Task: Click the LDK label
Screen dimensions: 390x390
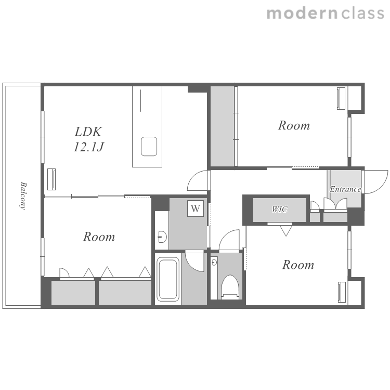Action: [88, 132]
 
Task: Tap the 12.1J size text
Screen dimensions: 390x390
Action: [89, 147]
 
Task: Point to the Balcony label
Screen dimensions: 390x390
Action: [23, 196]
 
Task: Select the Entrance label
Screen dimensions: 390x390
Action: [345, 189]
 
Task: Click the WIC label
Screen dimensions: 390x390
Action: [280, 210]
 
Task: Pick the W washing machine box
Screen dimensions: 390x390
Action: [196, 209]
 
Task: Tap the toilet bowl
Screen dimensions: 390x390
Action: [230, 287]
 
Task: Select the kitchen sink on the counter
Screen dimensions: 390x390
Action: [149, 147]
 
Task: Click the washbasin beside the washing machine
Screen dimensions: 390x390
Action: [162, 237]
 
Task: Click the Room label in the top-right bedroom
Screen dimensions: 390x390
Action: [294, 125]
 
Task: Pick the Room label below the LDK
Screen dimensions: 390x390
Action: [99, 237]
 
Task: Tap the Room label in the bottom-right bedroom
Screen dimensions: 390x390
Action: [298, 265]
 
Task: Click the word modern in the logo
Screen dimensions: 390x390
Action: [302, 14]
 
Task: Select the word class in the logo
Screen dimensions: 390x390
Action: [362, 13]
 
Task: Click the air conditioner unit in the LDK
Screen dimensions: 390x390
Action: [51, 179]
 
